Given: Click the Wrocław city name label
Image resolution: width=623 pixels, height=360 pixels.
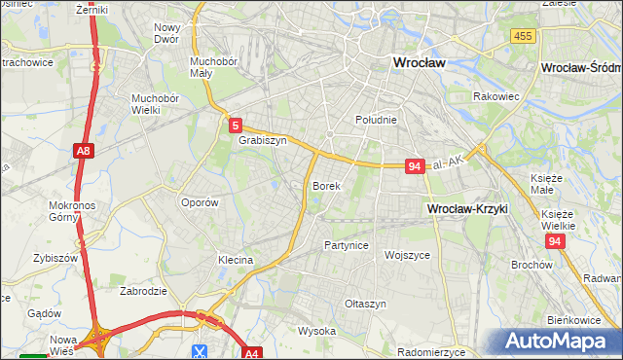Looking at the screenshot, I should (418, 62).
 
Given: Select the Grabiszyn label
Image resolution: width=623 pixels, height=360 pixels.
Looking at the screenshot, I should (262, 140).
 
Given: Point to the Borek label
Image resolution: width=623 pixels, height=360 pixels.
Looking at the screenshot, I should (326, 185).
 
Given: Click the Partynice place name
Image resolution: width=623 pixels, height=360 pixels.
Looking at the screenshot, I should (346, 245).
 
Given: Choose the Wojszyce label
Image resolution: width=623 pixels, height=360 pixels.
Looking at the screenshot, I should (408, 255).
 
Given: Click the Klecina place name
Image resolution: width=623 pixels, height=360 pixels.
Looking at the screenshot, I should (236, 260).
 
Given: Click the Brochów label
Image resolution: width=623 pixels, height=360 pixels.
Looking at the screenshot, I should (531, 264).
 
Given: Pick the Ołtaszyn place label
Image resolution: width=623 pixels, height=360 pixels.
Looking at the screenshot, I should (365, 304).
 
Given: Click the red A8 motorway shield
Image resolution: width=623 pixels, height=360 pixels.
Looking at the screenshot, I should (84, 151).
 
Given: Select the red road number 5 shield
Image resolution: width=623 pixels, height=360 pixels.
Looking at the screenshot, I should (236, 125).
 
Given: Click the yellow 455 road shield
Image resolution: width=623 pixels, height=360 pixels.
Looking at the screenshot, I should (522, 36).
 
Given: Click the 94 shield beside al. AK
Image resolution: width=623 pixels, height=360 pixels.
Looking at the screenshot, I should (415, 166).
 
